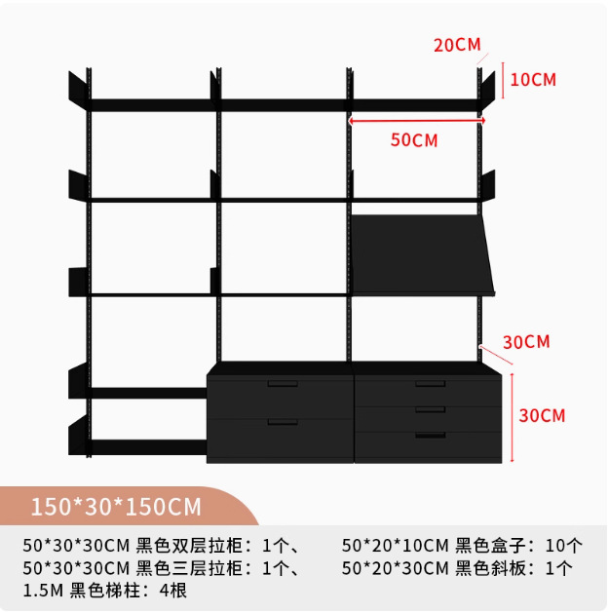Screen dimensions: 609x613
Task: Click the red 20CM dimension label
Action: point(457,45)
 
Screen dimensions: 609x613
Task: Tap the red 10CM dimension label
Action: point(533,80)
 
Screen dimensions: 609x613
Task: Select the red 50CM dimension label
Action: point(414,139)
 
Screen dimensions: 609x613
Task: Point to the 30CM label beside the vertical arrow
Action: point(542,415)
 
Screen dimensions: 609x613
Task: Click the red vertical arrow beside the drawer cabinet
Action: point(511,415)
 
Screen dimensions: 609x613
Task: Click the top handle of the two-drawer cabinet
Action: point(282,383)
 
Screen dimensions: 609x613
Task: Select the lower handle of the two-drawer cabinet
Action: point(283,421)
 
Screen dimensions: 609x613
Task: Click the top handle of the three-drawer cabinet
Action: point(430,383)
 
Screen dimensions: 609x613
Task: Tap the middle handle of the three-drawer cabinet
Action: point(430,409)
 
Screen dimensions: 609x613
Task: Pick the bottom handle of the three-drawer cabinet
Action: point(430,435)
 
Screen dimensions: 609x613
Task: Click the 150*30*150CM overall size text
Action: point(116,507)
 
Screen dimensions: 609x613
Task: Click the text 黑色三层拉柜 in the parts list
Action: point(195,568)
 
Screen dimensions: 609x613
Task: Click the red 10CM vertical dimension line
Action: point(503,80)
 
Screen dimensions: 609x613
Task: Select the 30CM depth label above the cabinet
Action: point(526,341)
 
